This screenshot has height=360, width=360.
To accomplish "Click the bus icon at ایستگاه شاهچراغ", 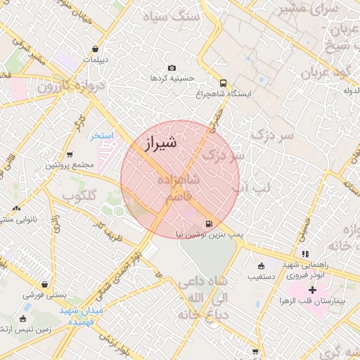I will tap(223, 82).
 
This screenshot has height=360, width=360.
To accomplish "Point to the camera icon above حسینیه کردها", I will tap(172, 67).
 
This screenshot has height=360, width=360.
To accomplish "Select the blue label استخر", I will tap(101, 135).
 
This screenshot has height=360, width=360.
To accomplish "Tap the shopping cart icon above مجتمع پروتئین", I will tap(69, 155).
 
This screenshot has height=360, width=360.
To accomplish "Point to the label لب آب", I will tap(251, 187).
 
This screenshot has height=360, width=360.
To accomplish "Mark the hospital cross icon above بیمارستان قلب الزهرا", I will tap(312, 289).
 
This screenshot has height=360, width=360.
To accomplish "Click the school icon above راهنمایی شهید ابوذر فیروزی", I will tap(304, 254).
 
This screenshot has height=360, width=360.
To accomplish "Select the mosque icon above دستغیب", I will tap(262, 266).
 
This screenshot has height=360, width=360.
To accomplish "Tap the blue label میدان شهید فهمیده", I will tap(82, 315).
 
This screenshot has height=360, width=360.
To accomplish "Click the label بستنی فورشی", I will tap(44, 295).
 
